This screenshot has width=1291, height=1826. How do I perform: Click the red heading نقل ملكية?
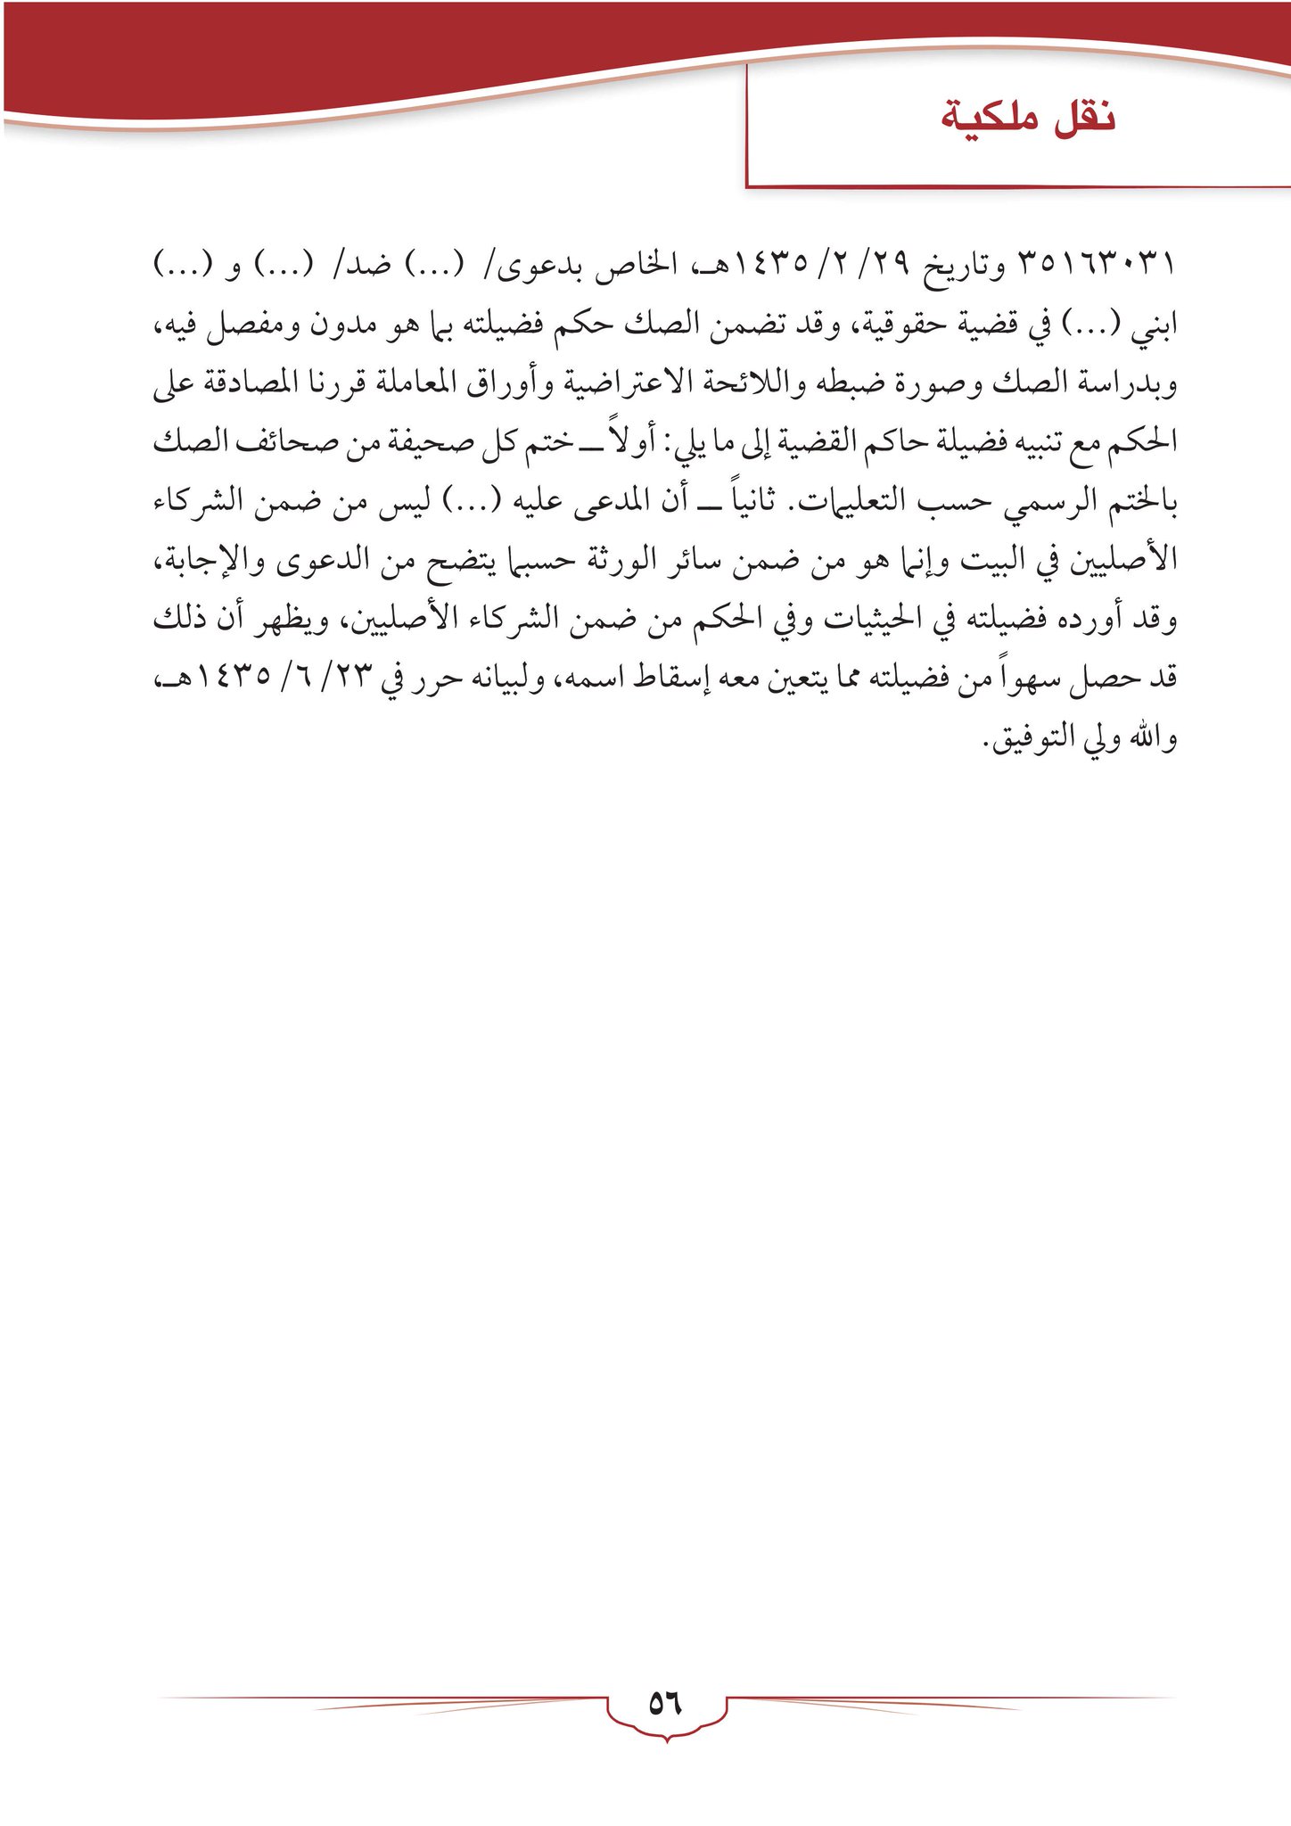(x=1028, y=119)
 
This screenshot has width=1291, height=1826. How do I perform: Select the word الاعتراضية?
(x=623, y=384)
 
